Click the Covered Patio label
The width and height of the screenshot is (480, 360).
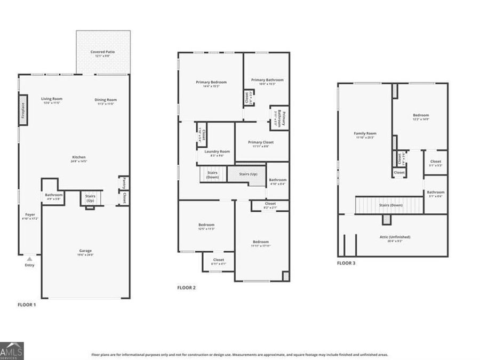(x=103, y=52)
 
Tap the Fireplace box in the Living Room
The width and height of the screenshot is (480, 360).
(x=23, y=110)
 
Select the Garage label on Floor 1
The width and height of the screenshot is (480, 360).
(x=85, y=251)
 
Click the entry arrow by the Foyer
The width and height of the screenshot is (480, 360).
(x=30, y=258)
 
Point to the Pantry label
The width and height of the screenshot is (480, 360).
(x=123, y=183)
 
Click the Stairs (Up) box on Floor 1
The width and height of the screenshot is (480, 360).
(x=90, y=198)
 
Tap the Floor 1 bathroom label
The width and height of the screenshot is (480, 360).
(x=53, y=195)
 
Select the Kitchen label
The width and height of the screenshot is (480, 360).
(x=79, y=157)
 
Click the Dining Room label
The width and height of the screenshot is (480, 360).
(x=106, y=100)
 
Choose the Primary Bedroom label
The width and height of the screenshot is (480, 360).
(x=211, y=82)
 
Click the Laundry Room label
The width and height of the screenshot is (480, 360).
(x=217, y=152)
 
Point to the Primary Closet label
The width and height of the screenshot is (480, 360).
(x=261, y=142)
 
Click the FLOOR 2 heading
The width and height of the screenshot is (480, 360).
(x=186, y=288)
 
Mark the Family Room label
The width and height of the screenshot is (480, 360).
(x=365, y=134)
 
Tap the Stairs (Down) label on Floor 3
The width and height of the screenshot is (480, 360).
(x=390, y=205)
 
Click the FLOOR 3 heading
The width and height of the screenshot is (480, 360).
(x=346, y=263)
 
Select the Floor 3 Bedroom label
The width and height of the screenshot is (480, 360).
(x=420, y=116)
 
